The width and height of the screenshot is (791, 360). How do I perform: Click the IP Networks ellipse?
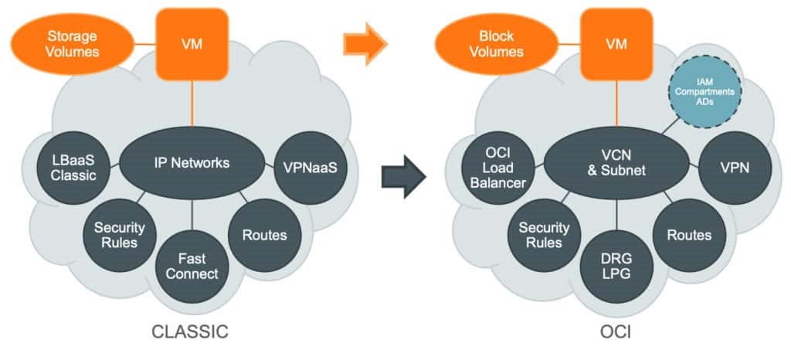[191, 162]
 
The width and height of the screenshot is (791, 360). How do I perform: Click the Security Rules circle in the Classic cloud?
[115, 234]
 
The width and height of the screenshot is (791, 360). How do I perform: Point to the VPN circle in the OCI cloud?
[734, 168]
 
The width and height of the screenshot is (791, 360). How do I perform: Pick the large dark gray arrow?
[403, 178]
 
